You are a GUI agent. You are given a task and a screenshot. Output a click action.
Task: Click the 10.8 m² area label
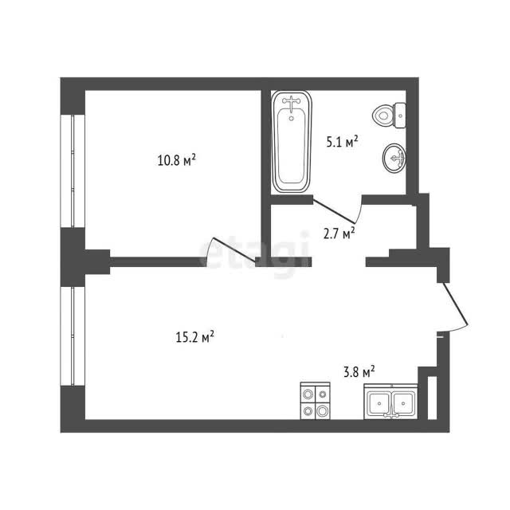point(177,159)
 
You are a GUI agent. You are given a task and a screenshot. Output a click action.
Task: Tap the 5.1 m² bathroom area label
point(342,142)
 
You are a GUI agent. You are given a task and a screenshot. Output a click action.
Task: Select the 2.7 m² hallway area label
point(339,233)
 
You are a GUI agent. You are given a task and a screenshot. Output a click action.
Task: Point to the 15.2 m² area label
point(194,337)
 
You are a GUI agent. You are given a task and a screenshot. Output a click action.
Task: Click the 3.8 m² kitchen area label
point(359,371)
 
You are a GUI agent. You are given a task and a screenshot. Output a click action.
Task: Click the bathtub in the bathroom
point(292,142)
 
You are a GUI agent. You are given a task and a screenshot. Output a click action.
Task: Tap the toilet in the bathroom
point(389,116)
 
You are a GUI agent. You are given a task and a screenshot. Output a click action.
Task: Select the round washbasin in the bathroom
point(394,158)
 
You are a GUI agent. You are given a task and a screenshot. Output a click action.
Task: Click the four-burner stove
point(315,401)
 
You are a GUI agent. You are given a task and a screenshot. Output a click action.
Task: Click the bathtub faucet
point(291,103)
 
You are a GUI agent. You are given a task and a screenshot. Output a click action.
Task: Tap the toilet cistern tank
point(400,116)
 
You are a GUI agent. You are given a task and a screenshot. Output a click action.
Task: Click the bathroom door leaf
point(334,211)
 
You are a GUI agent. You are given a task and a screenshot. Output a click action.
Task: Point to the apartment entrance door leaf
point(455,304)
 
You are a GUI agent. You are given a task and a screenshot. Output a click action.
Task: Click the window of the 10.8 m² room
point(73,171)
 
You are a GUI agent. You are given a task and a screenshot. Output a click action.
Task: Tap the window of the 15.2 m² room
point(73,336)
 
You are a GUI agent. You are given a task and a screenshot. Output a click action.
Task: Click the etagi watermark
point(253,253)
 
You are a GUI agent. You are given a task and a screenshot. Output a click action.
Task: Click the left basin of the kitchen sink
point(379,403)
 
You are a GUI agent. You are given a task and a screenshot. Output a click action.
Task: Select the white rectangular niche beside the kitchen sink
point(432,398)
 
